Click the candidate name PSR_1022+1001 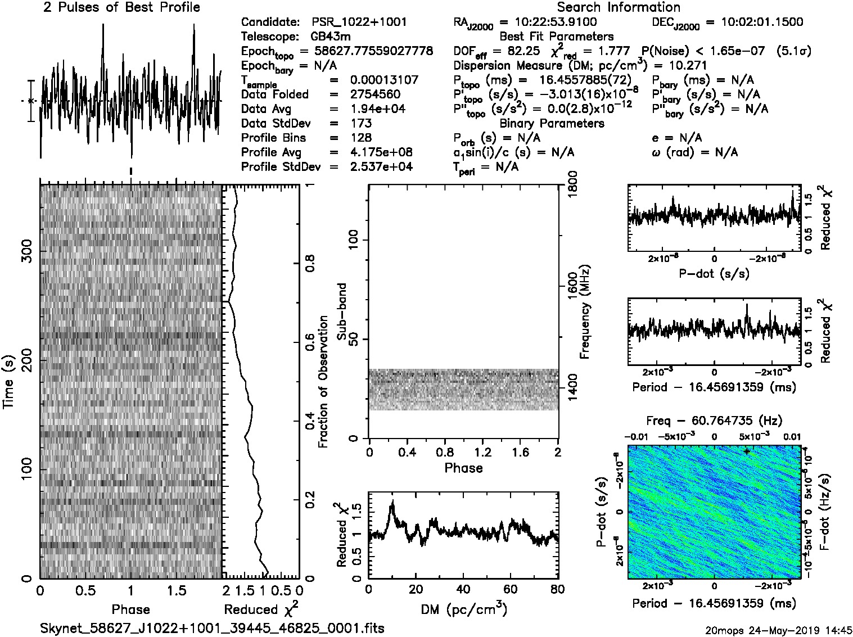(x=359, y=22)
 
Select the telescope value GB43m (x=331, y=37)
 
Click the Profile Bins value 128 (x=361, y=138)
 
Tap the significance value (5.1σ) (x=793, y=51)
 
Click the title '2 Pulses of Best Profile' (x=121, y=7)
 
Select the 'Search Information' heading (x=619, y=7)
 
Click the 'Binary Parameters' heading (x=552, y=124)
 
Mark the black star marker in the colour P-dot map (x=747, y=451)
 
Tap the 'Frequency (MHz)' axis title (x=585, y=311)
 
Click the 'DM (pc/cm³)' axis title (x=463, y=609)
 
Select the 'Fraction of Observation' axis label (x=323, y=382)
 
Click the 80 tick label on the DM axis (x=557, y=589)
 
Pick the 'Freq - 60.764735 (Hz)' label (x=714, y=421)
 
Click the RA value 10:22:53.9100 (x=548, y=22)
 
